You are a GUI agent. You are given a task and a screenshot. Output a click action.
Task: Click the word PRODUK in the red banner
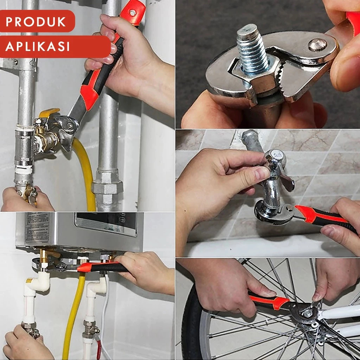pos(36,21)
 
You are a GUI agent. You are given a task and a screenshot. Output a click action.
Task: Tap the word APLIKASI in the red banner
pos(37,46)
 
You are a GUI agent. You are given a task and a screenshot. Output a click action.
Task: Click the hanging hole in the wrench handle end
pos(133,13)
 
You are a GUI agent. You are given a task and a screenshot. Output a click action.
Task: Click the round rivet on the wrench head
pos(317,45)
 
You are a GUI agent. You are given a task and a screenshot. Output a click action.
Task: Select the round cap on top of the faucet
pos(276,156)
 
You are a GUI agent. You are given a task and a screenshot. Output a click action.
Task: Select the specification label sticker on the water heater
pos(37,227)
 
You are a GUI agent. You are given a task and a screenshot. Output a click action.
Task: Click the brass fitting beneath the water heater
pos(44,257)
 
